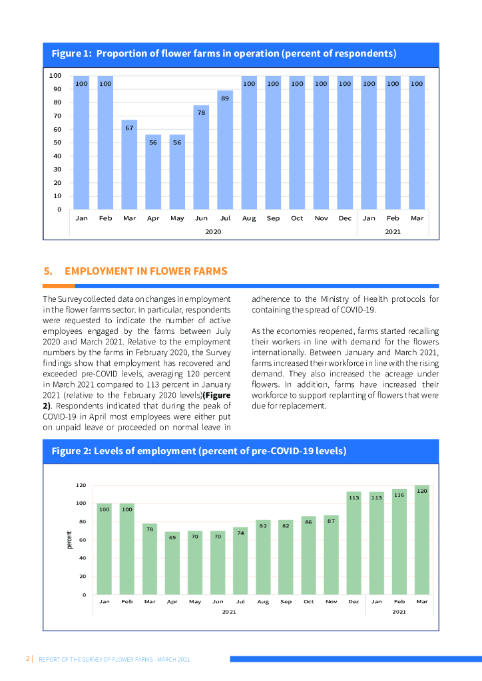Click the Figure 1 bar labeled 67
(x=129, y=166)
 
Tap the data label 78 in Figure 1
(x=201, y=112)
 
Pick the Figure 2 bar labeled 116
(x=399, y=543)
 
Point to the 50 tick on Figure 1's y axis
(x=57, y=142)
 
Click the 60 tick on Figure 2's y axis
(x=83, y=540)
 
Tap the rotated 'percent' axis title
(x=69, y=539)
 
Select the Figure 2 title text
(x=198, y=451)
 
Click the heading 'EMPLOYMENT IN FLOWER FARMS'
(x=146, y=271)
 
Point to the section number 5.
(x=47, y=271)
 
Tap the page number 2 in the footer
(x=28, y=659)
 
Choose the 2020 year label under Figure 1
(x=213, y=231)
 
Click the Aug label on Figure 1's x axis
(x=249, y=218)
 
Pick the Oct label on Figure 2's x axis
(x=308, y=601)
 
